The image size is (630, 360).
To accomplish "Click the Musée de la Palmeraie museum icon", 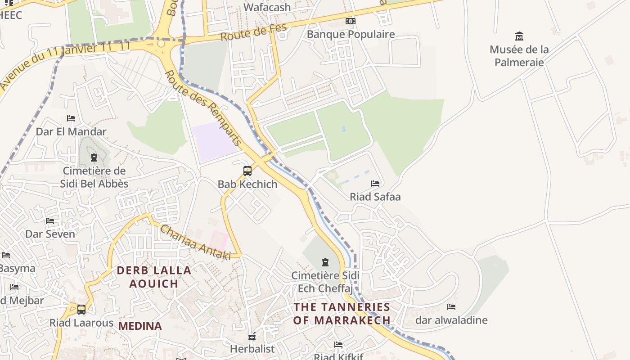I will tap(519, 36).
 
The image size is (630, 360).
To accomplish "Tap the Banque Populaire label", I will tap(351, 34).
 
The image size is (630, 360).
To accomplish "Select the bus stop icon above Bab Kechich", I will tap(247, 171).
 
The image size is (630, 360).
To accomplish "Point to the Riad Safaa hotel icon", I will tap(375, 184).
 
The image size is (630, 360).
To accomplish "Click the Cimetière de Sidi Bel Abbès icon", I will tap(94, 157).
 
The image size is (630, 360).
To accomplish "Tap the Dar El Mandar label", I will tap(71, 132).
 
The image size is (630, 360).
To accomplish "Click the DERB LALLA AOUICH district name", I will tap(154, 277).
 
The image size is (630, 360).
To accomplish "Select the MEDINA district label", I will tap(140, 326).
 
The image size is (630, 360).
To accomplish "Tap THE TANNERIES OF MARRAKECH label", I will tap(342, 314).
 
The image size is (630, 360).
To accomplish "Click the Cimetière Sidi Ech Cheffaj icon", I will tap(325, 262).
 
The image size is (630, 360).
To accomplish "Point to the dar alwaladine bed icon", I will tap(451, 307).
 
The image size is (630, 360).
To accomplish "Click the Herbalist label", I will tap(252, 349).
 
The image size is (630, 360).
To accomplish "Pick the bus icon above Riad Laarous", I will tap(81, 310).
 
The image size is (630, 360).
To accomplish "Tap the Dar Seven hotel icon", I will tap(50, 221).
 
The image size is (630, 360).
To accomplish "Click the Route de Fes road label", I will tap(253, 33).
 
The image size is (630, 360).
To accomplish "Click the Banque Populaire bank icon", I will tap(350, 21).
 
